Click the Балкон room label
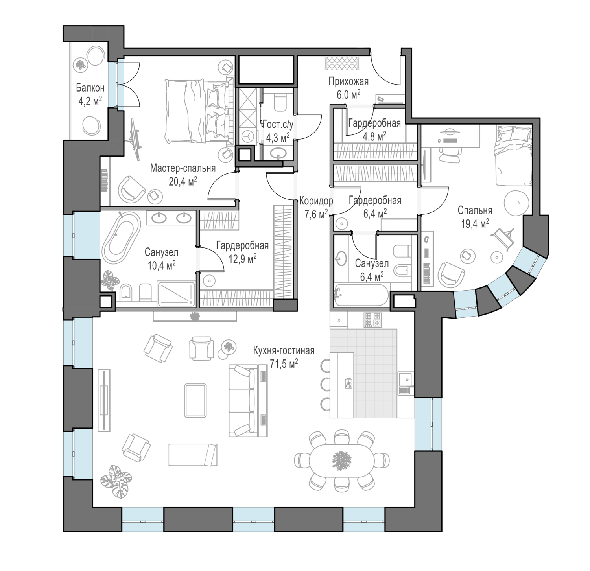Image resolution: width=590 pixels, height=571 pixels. pyautogui.click(x=90, y=88)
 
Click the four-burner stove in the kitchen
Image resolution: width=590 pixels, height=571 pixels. pyautogui.click(x=372, y=320)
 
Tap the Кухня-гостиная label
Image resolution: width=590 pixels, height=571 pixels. pyautogui.click(x=284, y=350)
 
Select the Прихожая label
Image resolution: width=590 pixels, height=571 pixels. pyautogui.click(x=348, y=82)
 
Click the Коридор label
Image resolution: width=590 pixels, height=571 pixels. pyautogui.click(x=316, y=201)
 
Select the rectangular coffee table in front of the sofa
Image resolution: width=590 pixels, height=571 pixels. pyautogui.click(x=196, y=400)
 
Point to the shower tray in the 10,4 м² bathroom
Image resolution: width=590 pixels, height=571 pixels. pyautogui.click(x=176, y=293)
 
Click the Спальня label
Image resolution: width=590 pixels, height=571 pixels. pyautogui.click(x=475, y=210)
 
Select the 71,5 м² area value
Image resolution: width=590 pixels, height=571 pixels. pyautogui.click(x=284, y=364)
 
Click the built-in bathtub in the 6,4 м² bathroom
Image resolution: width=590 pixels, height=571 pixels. pyautogui.click(x=361, y=295)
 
